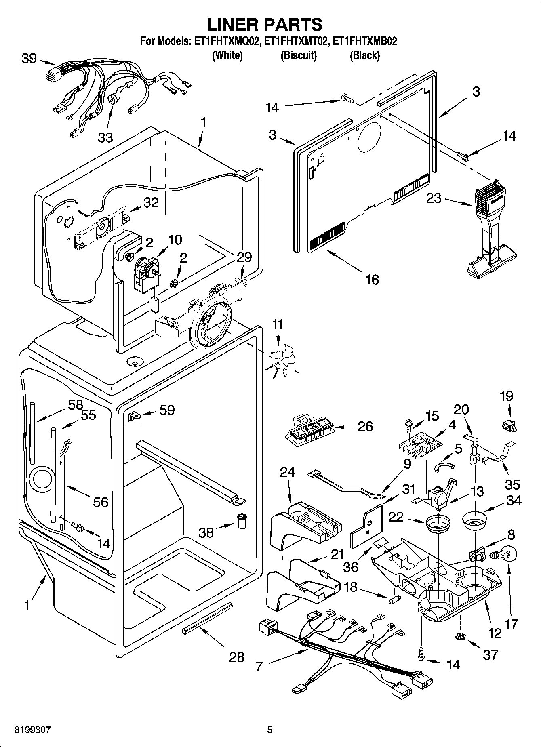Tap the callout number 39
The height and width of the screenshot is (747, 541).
coord(29,59)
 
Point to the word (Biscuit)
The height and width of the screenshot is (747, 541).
coord(299,55)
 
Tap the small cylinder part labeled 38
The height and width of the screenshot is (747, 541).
coord(242,521)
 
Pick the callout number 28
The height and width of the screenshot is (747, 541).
coord(237,657)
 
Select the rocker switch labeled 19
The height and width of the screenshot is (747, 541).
coord(509,425)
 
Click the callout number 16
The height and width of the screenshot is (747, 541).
coord(372,279)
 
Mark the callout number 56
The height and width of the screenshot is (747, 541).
coord(101,502)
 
